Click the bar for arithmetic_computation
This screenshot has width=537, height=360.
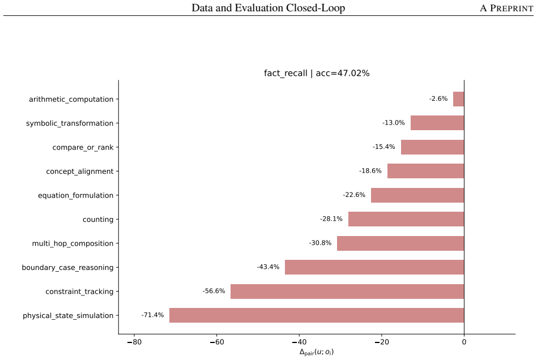pos(459,99)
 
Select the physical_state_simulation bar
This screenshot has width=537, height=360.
pos(317,315)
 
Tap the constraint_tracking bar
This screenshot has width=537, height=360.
pos(347,291)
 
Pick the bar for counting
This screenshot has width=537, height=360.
pos(406,219)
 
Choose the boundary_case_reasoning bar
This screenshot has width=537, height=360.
pos(374,267)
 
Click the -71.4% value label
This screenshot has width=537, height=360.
pos(152,315)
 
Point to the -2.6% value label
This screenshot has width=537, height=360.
pos(438,98)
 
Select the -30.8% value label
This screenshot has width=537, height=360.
pos(320,243)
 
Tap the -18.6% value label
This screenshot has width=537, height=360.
pos(370,171)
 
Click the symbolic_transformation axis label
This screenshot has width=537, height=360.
pos(70,123)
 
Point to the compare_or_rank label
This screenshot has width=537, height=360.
pos(83,148)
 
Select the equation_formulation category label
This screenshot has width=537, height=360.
pos(76,195)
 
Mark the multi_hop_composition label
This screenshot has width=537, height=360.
pos(73,243)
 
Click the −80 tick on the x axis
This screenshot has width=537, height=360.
pos(134,342)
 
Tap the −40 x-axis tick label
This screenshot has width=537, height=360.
pos(299,342)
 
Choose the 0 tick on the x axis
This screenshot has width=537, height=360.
pos(464,342)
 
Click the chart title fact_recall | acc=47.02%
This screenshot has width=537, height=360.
pos(317,73)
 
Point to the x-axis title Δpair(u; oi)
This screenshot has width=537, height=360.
pos(317,352)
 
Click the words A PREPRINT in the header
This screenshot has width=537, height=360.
pos(506,8)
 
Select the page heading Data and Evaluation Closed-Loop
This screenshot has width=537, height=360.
pos(268,8)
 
